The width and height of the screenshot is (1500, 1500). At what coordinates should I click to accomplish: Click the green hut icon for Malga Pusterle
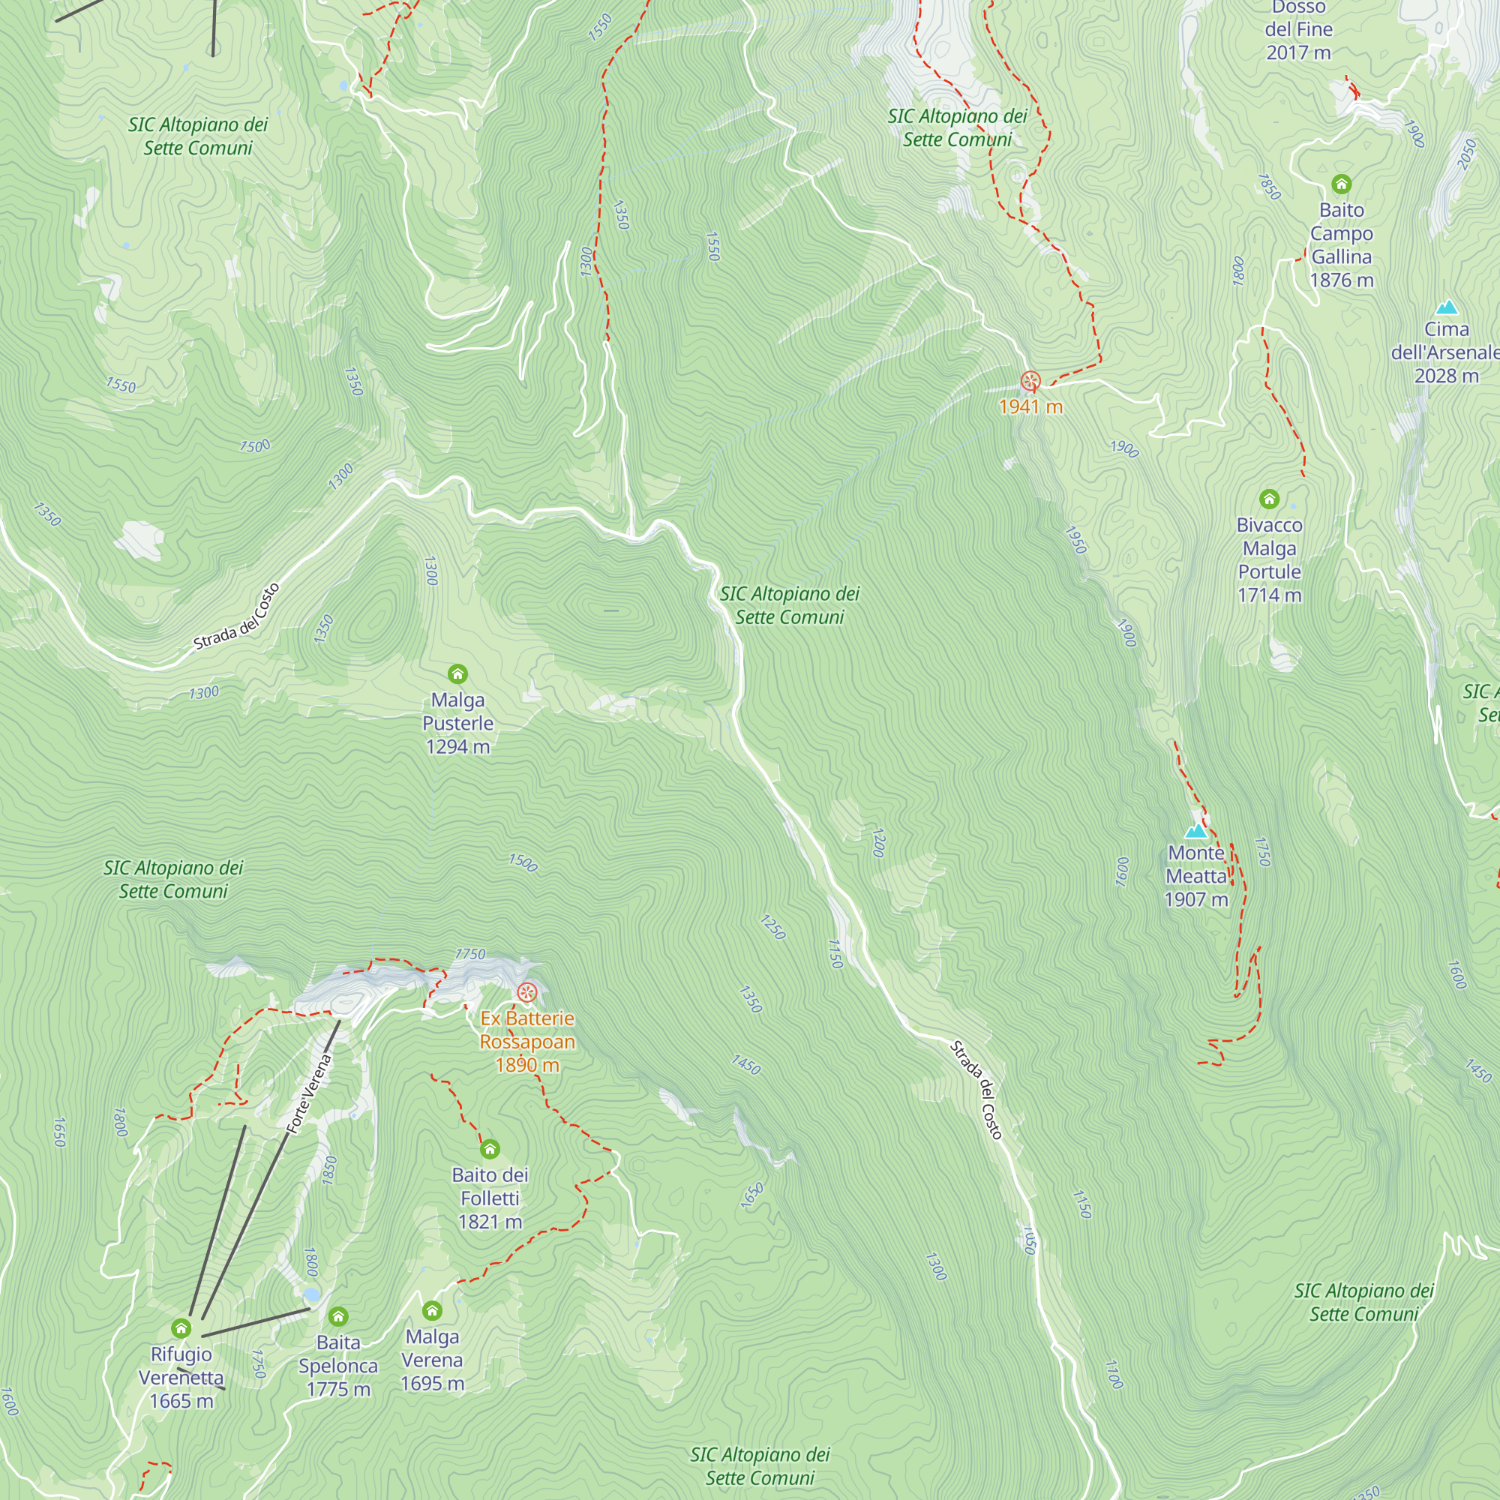click(458, 673)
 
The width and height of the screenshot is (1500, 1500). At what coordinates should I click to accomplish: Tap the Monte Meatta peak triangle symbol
click(1196, 832)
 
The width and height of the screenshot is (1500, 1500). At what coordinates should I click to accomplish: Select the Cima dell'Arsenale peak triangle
click(1447, 307)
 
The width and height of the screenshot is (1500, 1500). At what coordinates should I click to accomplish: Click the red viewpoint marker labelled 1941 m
click(1030, 381)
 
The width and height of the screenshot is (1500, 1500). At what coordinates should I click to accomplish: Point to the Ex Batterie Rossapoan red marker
click(527, 992)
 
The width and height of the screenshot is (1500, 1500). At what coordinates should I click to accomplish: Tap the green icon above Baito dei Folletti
click(490, 1149)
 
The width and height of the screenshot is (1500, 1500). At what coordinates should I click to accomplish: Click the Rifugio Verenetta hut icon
click(181, 1328)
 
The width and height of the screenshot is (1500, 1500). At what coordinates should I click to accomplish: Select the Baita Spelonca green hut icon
click(337, 1317)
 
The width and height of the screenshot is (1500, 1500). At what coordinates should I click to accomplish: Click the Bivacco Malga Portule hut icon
click(1270, 499)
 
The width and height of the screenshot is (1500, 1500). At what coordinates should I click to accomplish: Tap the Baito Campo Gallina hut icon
click(1342, 184)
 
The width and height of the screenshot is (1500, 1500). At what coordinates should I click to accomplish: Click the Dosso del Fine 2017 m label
click(1298, 29)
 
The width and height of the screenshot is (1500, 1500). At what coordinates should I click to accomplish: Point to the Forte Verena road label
click(309, 1093)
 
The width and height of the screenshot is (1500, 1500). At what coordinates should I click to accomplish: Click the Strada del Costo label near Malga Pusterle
click(236, 617)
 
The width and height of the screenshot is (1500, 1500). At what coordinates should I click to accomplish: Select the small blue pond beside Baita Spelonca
click(311, 1294)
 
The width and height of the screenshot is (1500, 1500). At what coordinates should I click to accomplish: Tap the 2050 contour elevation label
click(1465, 154)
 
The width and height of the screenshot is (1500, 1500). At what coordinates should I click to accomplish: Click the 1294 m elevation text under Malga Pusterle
click(458, 747)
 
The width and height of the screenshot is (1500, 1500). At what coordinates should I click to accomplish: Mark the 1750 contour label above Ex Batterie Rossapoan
click(469, 954)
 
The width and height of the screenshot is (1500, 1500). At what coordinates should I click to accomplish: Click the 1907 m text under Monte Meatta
click(1196, 900)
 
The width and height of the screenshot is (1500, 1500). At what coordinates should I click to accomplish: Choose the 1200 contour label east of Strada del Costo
click(878, 843)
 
